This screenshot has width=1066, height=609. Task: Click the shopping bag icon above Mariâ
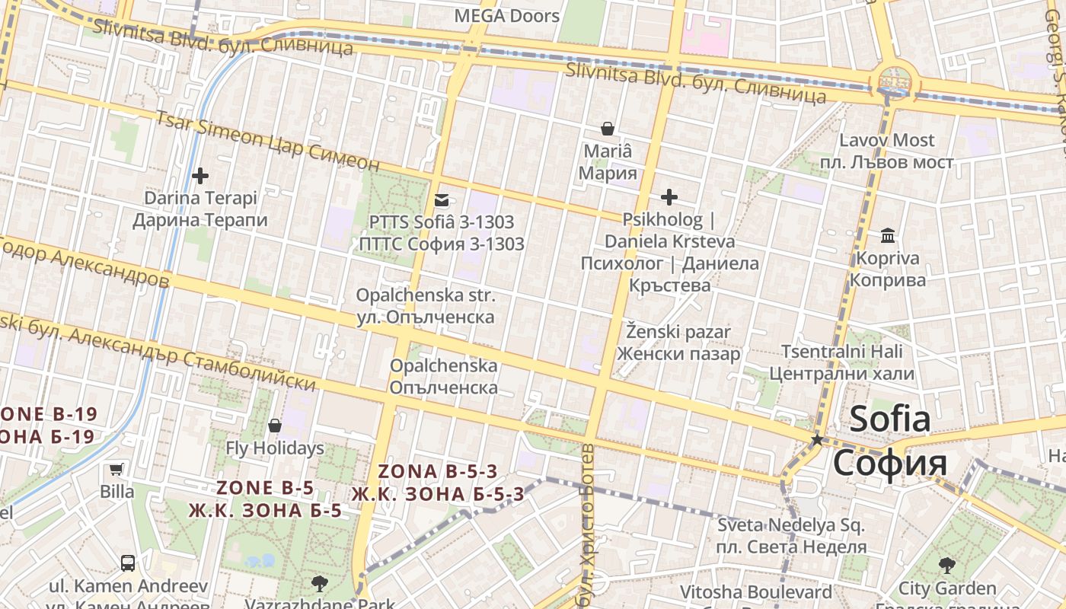click(608, 128)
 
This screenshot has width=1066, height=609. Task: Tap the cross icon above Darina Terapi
click(200, 176)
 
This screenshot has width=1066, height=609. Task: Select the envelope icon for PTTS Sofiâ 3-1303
click(442, 200)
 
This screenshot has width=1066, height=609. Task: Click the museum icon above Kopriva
click(888, 235)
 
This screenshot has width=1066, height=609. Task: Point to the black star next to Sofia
click(817, 439)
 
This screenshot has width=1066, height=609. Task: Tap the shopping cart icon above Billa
click(116, 469)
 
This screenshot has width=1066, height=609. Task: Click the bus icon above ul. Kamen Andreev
click(128, 563)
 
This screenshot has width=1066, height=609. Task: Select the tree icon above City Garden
click(946, 565)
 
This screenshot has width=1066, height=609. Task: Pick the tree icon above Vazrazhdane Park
click(319, 584)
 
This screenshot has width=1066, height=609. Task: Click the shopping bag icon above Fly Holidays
click(275, 426)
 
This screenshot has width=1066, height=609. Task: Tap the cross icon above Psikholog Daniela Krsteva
click(669, 198)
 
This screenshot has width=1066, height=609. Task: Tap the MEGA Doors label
click(506, 15)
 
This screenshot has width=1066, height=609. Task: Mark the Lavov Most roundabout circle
click(895, 79)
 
